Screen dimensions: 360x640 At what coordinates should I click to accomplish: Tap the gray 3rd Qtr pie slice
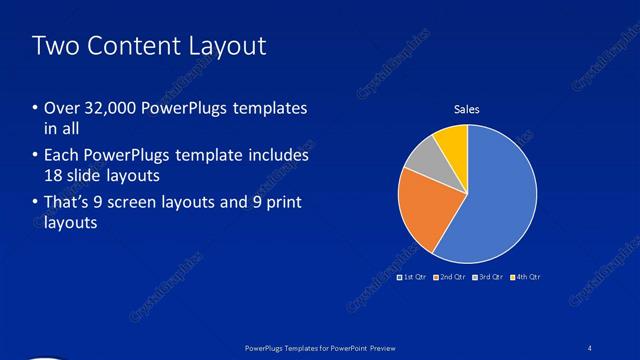point(422,161)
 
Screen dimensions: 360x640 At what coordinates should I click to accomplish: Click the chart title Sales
point(467,111)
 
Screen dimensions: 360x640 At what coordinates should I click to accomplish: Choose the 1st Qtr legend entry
point(412,276)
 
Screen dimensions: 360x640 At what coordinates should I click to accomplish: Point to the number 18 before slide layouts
point(56,176)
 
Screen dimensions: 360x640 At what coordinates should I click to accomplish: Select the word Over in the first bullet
point(62,108)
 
